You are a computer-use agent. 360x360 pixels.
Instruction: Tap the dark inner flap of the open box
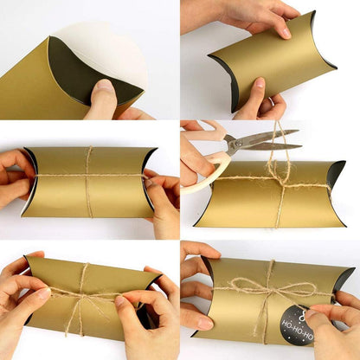tap(87, 74)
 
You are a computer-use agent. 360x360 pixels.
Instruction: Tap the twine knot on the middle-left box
tap(87, 175)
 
